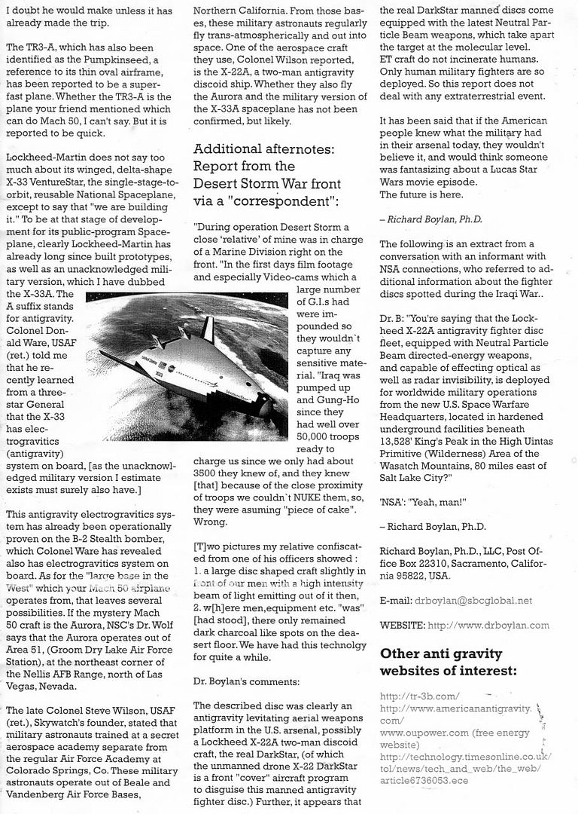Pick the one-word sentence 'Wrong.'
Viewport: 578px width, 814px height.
pyautogui.click(x=210, y=522)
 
